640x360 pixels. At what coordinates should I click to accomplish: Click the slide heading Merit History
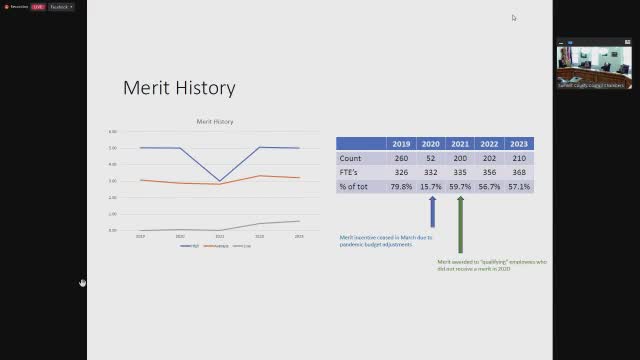[x=179, y=88]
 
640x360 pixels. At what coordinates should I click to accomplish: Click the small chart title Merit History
[x=214, y=122]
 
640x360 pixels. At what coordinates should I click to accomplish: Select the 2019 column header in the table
[x=401, y=144]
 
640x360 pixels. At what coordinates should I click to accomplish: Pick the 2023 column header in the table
[x=519, y=144]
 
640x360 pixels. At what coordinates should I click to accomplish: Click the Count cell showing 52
[x=431, y=158]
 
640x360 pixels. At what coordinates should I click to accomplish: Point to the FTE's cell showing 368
[x=519, y=172]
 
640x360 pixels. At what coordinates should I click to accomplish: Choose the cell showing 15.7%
[x=431, y=186]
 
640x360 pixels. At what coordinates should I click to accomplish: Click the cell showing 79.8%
[x=401, y=186]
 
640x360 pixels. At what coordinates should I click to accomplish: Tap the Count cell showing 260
[x=401, y=158]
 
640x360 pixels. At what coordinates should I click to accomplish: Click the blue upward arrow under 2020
[x=432, y=211]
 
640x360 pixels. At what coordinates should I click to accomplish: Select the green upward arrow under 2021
[x=461, y=223]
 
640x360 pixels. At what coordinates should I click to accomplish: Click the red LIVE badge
[x=37, y=7]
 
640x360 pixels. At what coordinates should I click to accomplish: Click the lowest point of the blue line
[x=220, y=181]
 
